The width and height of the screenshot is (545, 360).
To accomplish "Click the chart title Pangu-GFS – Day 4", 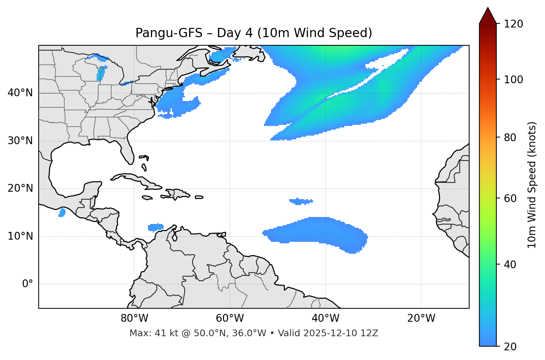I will pyautogui.click(x=254, y=33).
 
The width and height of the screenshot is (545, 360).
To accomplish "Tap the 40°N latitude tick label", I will pyautogui.click(x=20, y=93).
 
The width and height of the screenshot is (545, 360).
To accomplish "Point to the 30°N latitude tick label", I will pyautogui.click(x=20, y=141).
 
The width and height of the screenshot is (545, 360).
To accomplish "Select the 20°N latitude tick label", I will pyautogui.click(x=20, y=188).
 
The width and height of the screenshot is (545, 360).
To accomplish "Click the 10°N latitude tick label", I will pyautogui.click(x=20, y=236).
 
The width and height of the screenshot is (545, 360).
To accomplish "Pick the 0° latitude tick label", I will pyautogui.click(x=28, y=284).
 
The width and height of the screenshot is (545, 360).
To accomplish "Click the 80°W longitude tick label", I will pyautogui.click(x=134, y=318).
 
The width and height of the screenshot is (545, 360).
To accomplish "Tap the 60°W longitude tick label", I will pyautogui.click(x=230, y=318).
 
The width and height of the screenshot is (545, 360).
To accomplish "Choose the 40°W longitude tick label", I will pyautogui.click(x=325, y=318).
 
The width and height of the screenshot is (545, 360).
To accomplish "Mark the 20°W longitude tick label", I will pyautogui.click(x=421, y=318).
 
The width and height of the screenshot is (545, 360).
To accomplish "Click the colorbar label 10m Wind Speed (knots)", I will pyautogui.click(x=532, y=185).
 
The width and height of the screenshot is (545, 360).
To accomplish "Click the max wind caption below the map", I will pyautogui.click(x=254, y=333).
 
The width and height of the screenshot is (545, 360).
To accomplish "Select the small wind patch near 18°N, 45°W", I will pyautogui.click(x=301, y=201).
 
